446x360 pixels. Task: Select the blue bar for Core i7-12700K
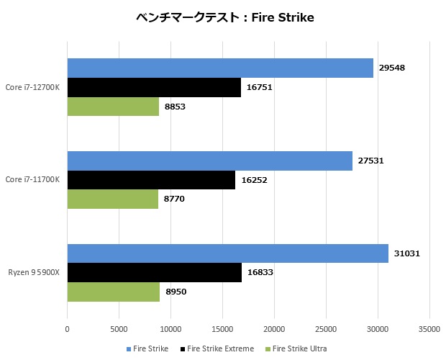pyautogui.click(x=220, y=68)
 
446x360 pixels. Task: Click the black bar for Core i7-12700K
pyautogui.click(x=154, y=87)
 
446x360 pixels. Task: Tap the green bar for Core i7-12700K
pyautogui.click(x=113, y=106)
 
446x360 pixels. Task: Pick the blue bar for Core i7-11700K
pyautogui.click(x=209, y=161)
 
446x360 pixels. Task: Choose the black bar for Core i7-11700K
pyautogui.click(x=151, y=179)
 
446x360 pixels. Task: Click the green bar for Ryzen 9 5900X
pyautogui.click(x=113, y=292)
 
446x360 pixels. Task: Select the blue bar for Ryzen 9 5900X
pyautogui.click(x=227, y=253)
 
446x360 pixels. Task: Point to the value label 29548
pyautogui.click(x=392, y=68)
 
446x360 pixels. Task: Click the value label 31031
pyautogui.click(x=408, y=253)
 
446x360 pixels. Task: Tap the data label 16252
pyautogui.click(x=255, y=179)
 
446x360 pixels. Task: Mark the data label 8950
pyautogui.click(x=175, y=292)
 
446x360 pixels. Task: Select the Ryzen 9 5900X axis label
pyautogui.click(x=34, y=272)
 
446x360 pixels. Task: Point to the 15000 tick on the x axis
pyautogui.click(x=222, y=328)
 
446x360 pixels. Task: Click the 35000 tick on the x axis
pyautogui.click(x=429, y=328)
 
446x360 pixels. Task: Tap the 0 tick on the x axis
pyautogui.click(x=68, y=328)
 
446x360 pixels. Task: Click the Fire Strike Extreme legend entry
pyautogui.click(x=220, y=348)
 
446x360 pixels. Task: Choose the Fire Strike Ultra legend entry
pyautogui.click(x=299, y=348)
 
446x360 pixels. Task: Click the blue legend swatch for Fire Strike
pyautogui.click(x=129, y=348)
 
